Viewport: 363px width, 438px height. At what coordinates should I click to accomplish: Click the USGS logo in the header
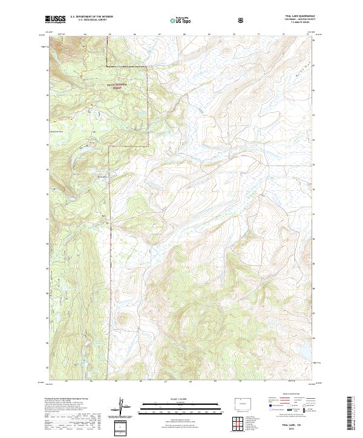[x=56, y=20]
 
